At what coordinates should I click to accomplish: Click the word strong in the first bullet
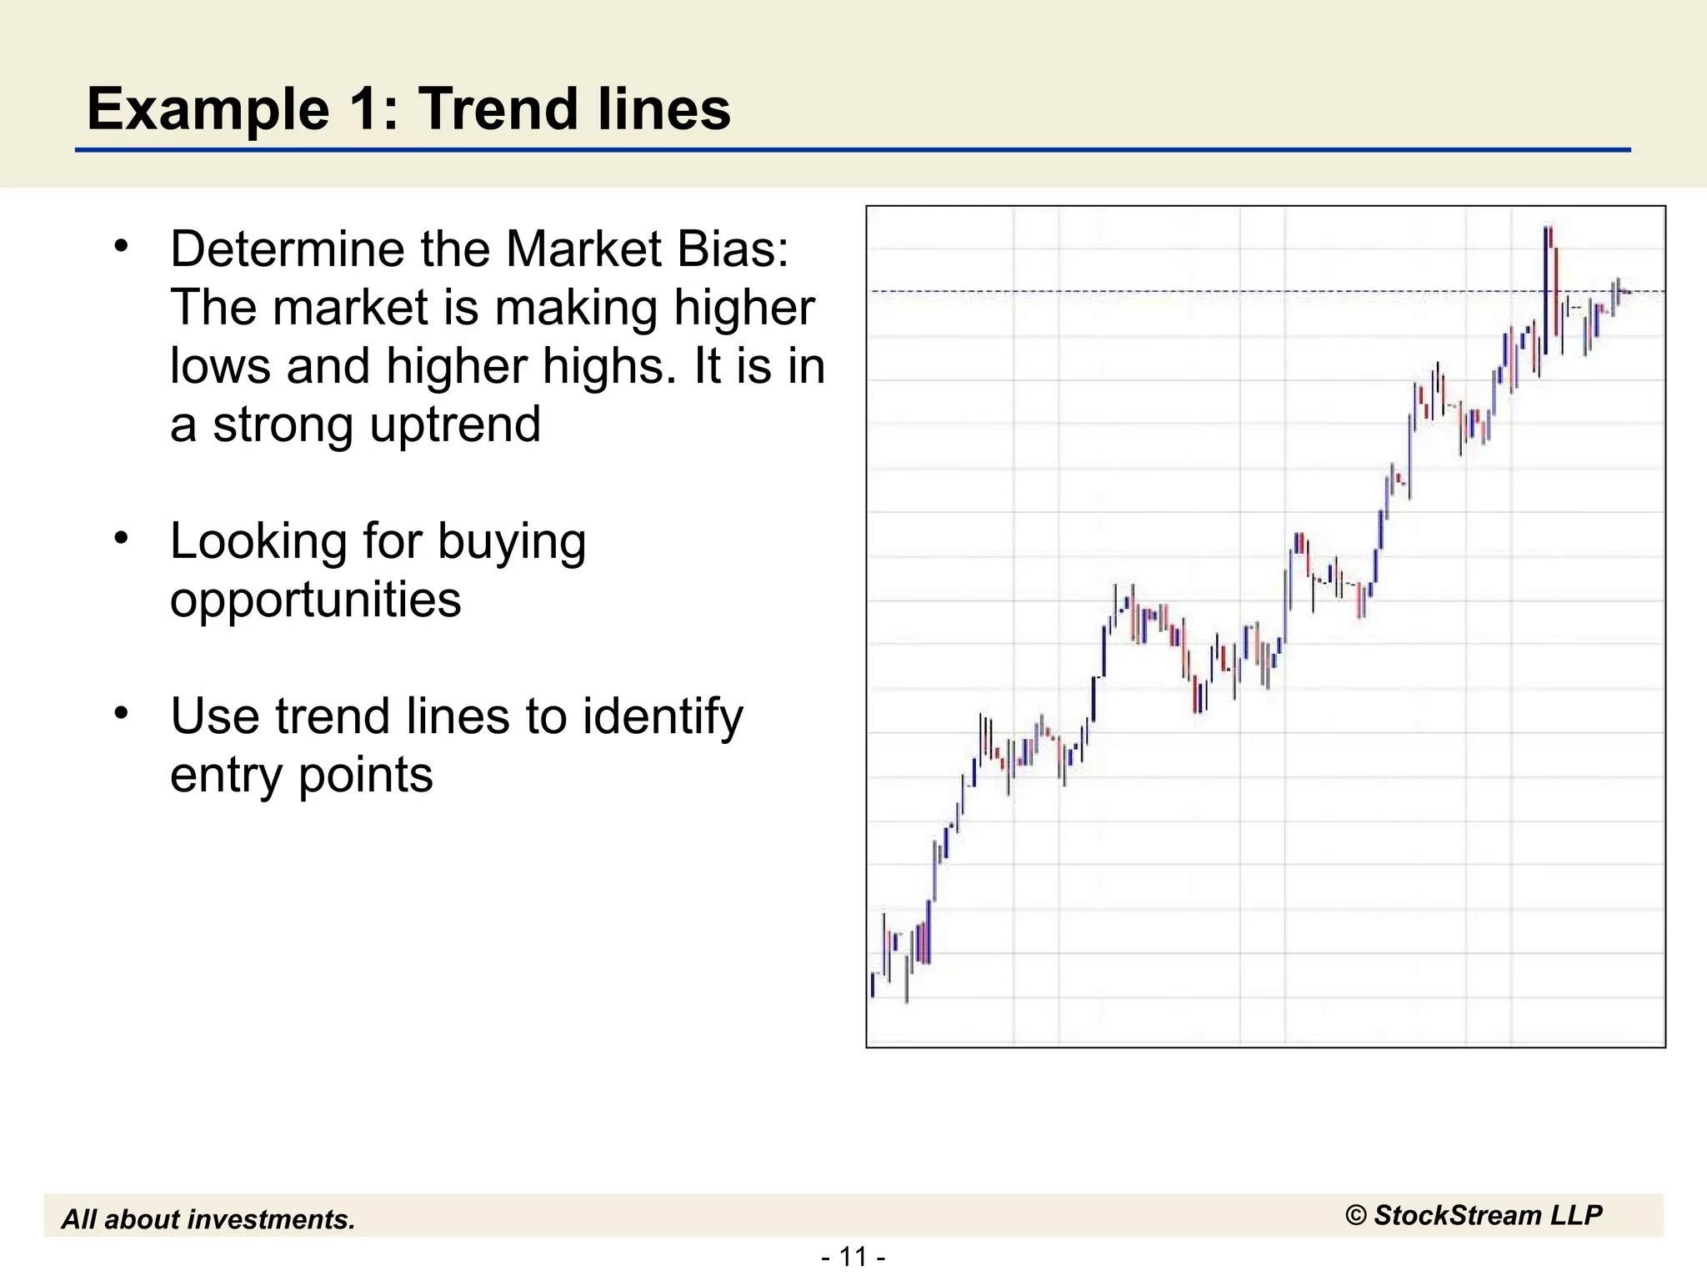[x=283, y=424]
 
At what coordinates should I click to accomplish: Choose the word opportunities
[x=315, y=600]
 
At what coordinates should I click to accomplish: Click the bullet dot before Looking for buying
[x=122, y=538]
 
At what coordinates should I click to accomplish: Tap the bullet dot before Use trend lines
[x=122, y=713]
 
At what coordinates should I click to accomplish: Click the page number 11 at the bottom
[x=853, y=1256]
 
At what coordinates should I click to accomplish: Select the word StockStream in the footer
[x=1457, y=1215]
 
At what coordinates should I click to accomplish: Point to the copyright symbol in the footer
[x=1355, y=1216]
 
